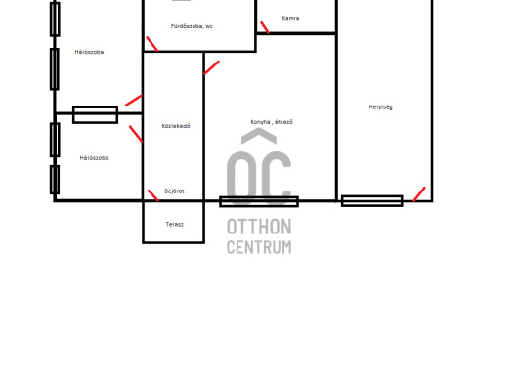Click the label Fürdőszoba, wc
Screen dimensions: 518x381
click(x=192, y=26)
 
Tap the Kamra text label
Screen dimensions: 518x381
click(x=290, y=18)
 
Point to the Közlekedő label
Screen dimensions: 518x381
click(x=176, y=126)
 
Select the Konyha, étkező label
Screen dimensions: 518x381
click(x=272, y=122)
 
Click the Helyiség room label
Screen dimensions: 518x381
click(x=380, y=106)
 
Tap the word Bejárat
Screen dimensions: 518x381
click(x=174, y=190)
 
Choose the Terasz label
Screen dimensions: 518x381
click(x=174, y=224)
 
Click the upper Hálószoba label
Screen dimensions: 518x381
click(x=89, y=52)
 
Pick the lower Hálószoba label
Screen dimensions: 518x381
click(x=94, y=158)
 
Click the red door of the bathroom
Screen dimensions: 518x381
click(x=151, y=44)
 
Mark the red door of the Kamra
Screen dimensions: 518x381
click(x=265, y=27)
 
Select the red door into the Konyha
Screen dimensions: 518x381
click(x=212, y=67)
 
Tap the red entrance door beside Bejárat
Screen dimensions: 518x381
click(x=152, y=195)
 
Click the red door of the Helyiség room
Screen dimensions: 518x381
click(x=419, y=194)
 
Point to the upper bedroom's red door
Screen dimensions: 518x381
click(x=134, y=101)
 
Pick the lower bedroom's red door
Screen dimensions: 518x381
click(x=136, y=134)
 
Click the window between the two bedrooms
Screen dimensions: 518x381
click(x=95, y=114)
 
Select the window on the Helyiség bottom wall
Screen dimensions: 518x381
click(x=372, y=200)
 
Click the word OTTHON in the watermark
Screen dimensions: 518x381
click(x=259, y=227)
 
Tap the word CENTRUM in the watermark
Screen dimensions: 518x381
click(x=259, y=247)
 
